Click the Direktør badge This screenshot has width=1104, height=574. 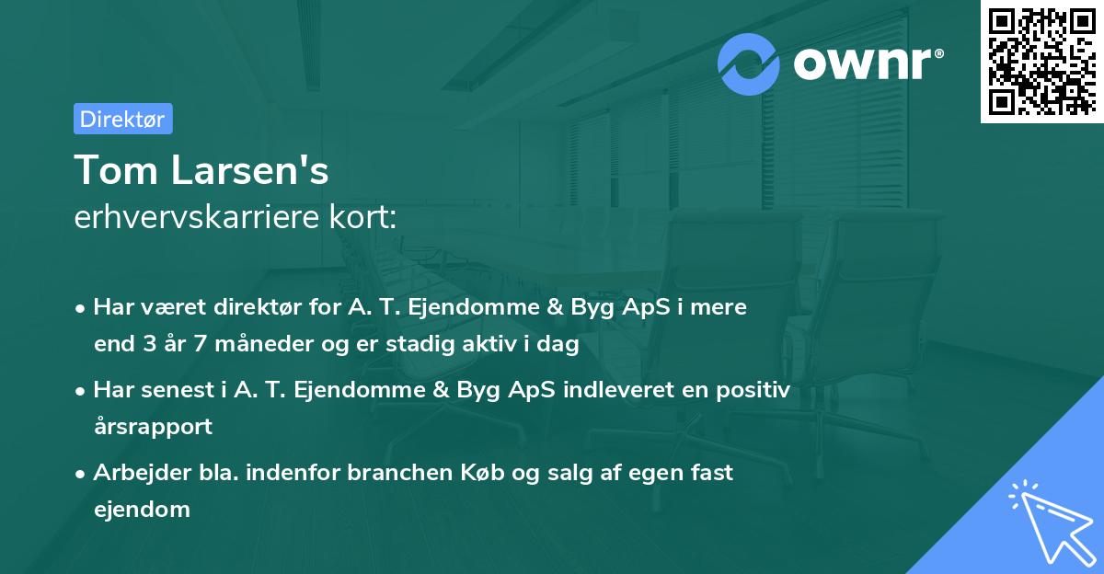122,119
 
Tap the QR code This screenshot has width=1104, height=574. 1041,62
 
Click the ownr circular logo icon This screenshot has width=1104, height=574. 749,64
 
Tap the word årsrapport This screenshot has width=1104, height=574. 153,427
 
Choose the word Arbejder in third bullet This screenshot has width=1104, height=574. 134,473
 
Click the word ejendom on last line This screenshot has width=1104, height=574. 142,510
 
